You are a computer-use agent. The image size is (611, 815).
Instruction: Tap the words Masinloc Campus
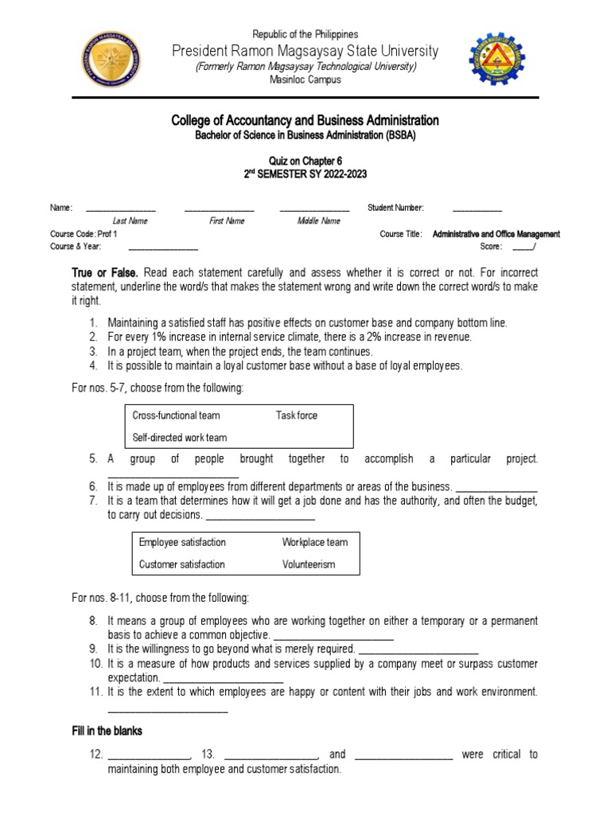[305, 80]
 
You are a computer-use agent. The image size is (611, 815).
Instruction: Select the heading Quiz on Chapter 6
[305, 161]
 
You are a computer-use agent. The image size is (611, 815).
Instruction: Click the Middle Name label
[319, 221]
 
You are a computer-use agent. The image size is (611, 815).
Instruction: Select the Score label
[491, 247]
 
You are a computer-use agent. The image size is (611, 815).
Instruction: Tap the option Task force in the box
[297, 415]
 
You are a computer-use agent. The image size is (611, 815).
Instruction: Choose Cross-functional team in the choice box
[176, 415]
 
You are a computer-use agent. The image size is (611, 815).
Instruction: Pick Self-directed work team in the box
[179, 438]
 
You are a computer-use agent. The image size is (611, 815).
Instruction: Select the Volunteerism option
[309, 564]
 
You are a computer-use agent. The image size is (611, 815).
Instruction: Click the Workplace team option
[315, 542]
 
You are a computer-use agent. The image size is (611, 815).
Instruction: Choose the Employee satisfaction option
[182, 542]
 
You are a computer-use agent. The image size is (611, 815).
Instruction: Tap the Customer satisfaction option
[181, 564]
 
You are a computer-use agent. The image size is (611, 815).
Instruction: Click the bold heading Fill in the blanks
[107, 731]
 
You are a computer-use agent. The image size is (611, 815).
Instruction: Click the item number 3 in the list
[93, 351]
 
